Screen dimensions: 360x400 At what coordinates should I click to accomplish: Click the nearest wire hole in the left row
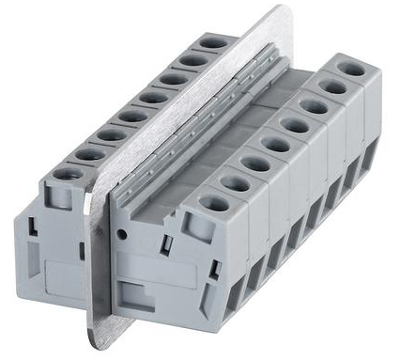click(x=71, y=174)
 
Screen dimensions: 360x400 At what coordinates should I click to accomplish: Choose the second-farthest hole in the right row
click(x=331, y=86)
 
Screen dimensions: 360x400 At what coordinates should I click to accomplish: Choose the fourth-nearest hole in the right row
click(x=273, y=143)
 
